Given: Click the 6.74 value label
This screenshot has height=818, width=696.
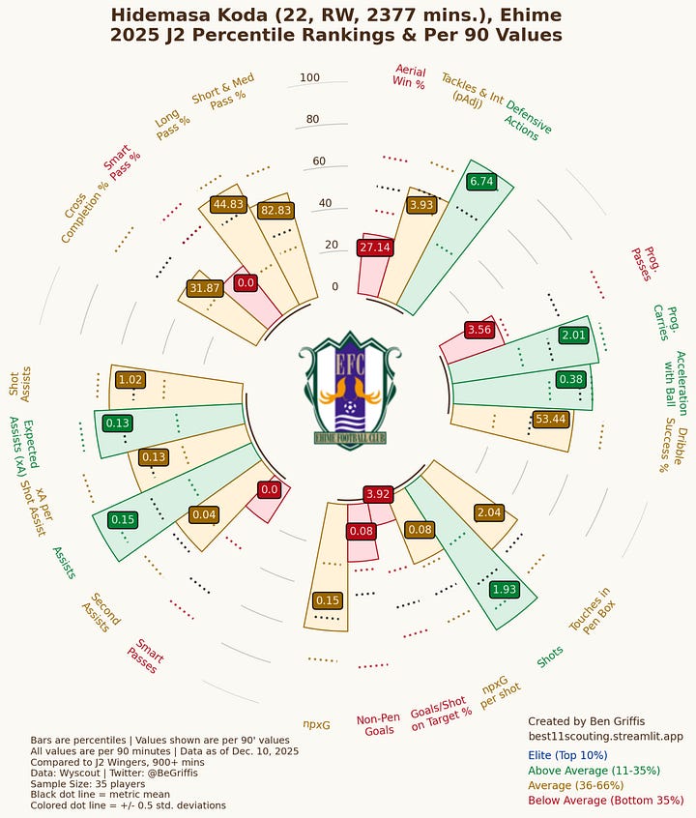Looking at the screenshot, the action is click(481, 181).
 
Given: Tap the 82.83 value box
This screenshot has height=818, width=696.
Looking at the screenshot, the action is click(275, 210).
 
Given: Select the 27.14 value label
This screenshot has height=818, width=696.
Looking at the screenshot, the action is click(374, 248).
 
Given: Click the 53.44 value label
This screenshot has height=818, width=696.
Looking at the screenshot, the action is click(550, 419).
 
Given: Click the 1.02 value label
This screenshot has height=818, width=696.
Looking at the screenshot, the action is click(130, 380).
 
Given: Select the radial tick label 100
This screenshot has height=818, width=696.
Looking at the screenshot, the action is click(309, 78).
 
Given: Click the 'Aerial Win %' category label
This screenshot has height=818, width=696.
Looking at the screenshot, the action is click(409, 76).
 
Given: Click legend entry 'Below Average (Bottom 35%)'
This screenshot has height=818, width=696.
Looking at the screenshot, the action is click(606, 801).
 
